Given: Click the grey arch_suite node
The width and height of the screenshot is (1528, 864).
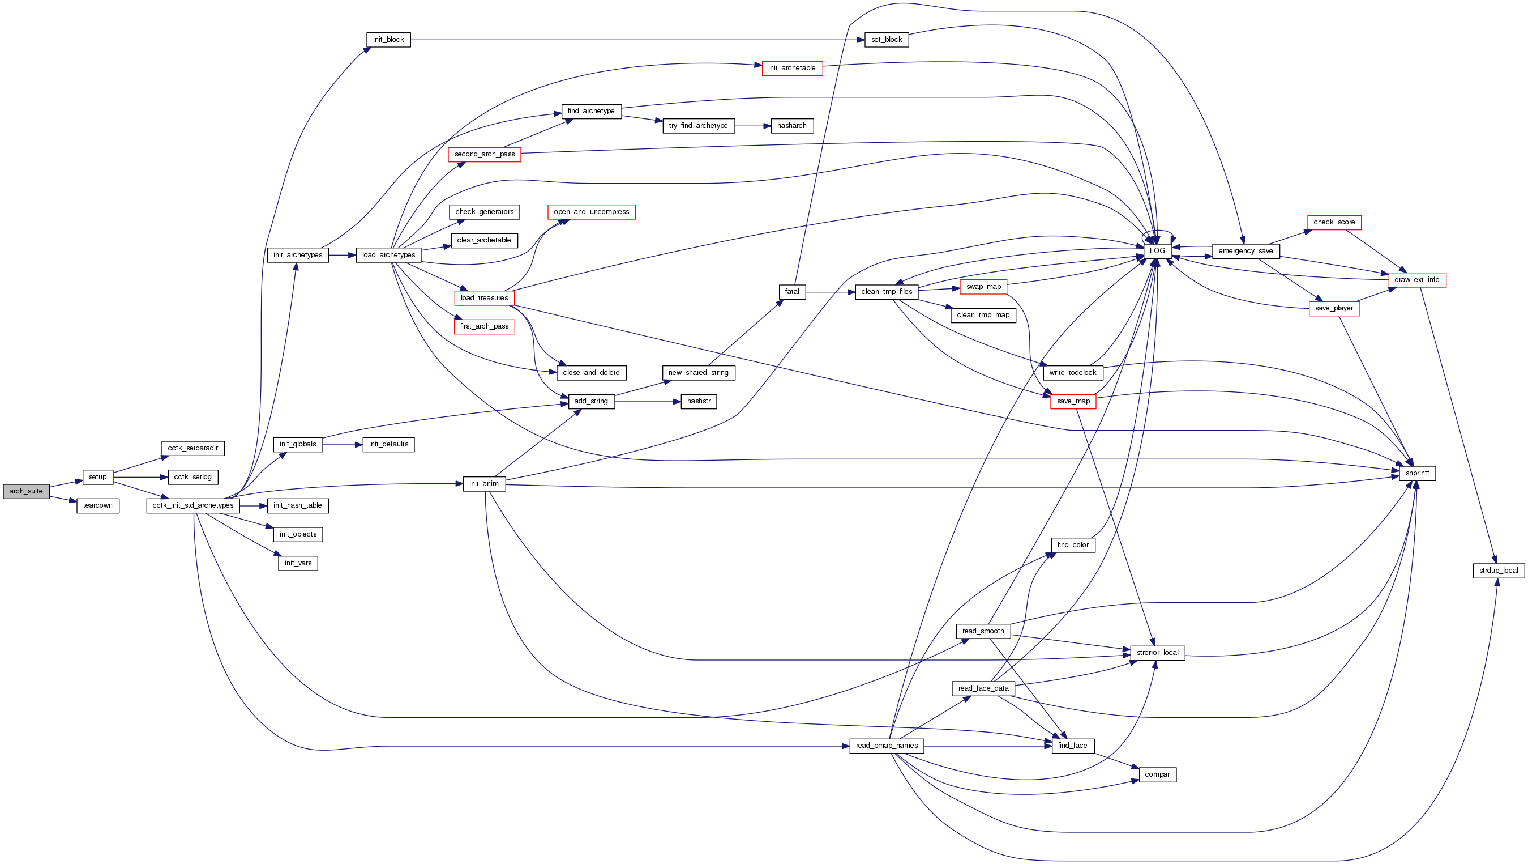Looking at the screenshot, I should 26,491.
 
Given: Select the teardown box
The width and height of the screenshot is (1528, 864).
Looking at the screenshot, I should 98,505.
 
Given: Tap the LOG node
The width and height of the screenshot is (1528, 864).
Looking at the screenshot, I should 1157,251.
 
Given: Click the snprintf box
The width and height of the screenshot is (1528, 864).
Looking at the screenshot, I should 1417,473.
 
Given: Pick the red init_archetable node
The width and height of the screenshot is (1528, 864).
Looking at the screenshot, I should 792,68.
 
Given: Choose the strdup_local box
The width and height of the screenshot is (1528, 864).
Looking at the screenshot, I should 1499,571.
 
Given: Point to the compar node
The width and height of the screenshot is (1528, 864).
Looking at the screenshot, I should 1157,774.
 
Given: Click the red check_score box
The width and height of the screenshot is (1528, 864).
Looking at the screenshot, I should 1334,223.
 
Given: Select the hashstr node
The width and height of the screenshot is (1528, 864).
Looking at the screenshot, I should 699,402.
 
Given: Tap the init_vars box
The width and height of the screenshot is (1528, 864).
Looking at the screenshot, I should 298,563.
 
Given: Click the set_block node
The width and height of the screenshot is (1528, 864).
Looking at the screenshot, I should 886,40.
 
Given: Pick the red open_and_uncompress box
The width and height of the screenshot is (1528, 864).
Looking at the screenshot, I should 592,212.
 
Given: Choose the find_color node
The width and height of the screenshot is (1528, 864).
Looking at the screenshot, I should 1073,545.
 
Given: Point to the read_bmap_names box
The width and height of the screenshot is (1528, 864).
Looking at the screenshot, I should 886,746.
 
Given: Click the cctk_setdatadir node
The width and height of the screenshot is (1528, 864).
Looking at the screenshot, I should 193,448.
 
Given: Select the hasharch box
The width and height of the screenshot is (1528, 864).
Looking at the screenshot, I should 792,126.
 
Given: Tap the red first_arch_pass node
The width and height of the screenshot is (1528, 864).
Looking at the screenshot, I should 484,326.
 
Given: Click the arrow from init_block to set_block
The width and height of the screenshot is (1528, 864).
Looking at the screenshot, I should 635,40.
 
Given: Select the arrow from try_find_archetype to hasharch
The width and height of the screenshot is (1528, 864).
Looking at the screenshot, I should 753,126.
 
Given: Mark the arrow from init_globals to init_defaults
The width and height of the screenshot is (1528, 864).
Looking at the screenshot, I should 343,444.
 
